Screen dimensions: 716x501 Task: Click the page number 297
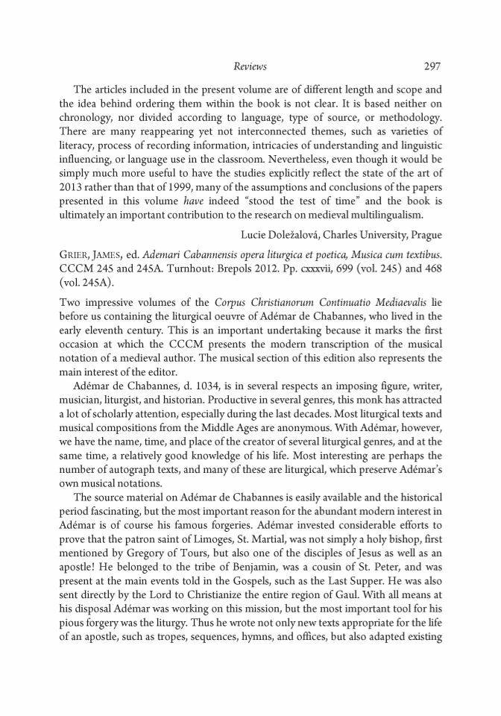pyautogui.click(x=432, y=67)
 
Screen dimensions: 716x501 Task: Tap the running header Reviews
pyautogui.click(x=250, y=67)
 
